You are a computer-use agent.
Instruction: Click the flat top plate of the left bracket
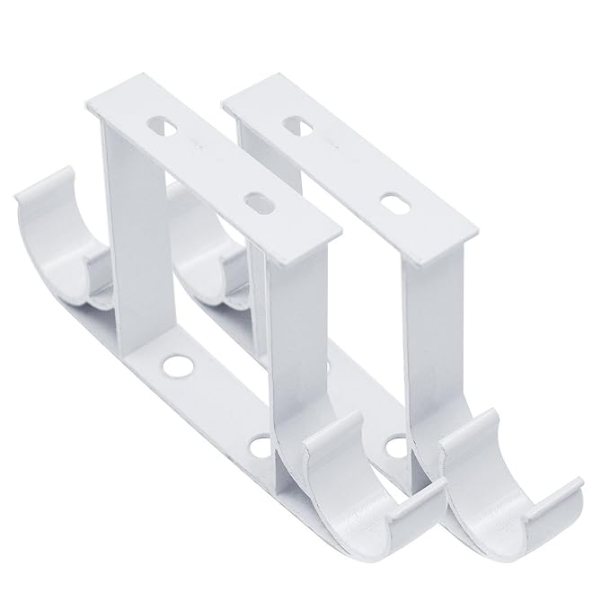(216, 171)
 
